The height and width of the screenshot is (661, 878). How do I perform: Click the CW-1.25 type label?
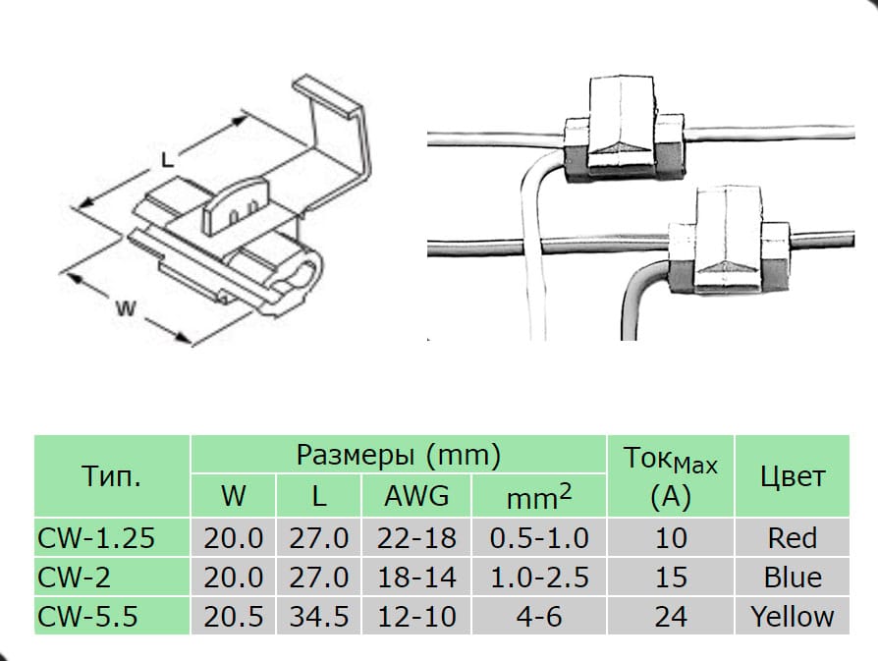(95, 538)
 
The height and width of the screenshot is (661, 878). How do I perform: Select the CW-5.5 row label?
(87, 616)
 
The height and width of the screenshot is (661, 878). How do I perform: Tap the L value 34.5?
(319, 616)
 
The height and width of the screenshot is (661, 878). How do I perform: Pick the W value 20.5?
(233, 616)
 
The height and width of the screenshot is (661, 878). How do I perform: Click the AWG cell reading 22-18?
(416, 538)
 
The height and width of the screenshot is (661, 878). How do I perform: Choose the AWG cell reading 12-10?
(416, 616)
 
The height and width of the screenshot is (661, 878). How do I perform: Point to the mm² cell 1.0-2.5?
(539, 577)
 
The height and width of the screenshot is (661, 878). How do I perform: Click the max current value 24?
(671, 616)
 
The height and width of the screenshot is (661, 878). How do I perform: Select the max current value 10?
(671, 538)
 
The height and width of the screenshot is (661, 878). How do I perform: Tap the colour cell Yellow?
(793, 616)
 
